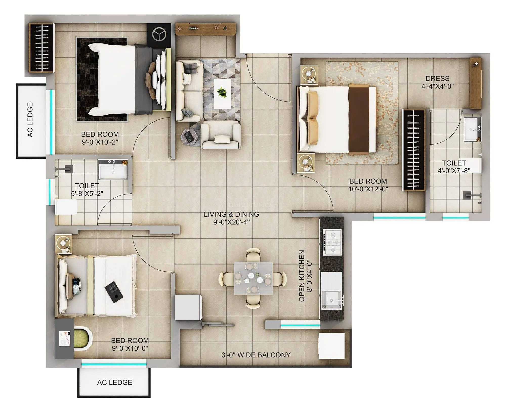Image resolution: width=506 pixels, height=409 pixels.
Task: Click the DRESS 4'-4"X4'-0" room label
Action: (x=437, y=82)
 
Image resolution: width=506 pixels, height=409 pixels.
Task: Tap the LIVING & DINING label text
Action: (x=231, y=214)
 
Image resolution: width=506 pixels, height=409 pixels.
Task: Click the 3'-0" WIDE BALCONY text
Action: (x=256, y=355)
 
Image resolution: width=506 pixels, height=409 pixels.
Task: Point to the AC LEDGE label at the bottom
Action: (x=115, y=382)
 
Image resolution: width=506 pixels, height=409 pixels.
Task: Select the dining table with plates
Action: (x=253, y=278)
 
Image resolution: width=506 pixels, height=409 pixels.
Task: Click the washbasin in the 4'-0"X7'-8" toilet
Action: (x=472, y=129)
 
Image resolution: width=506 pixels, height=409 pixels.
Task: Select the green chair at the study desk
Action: (x=83, y=339)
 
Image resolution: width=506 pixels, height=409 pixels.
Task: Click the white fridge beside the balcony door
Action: (x=189, y=307)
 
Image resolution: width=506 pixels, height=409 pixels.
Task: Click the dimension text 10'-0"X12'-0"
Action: (x=368, y=189)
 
